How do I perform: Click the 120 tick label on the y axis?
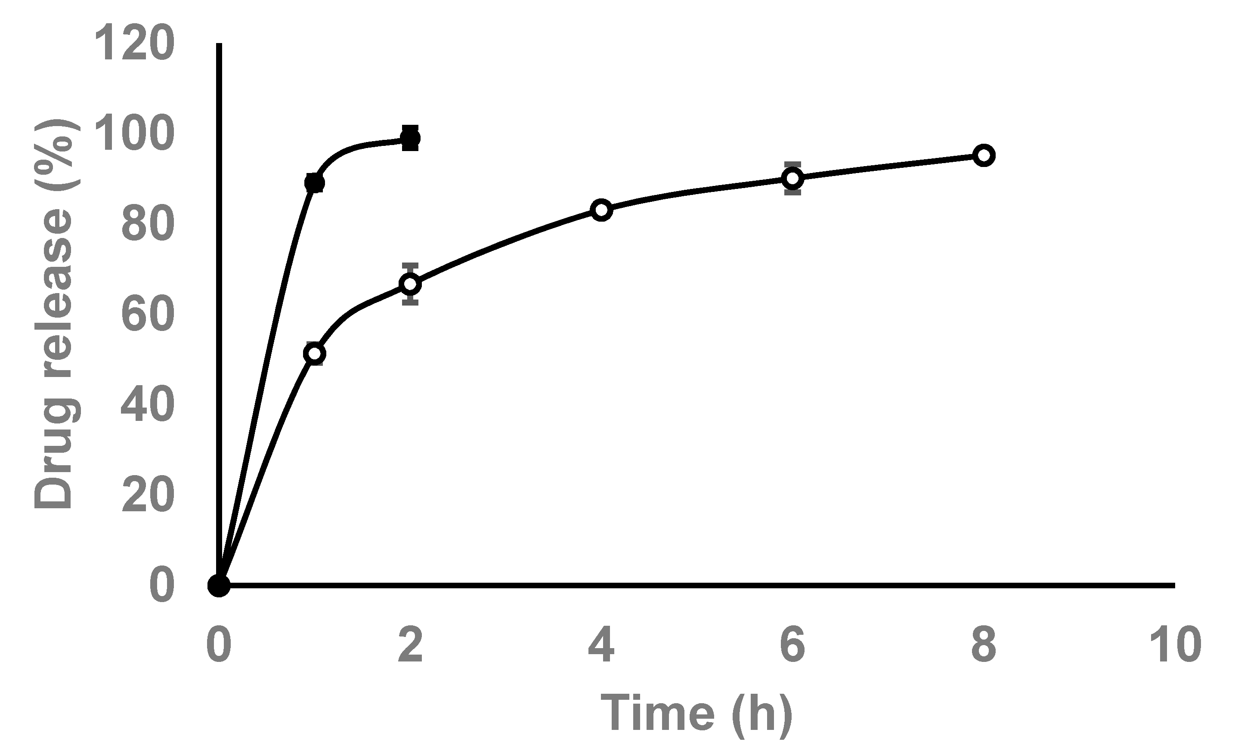coord(134,44)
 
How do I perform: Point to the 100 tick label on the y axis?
coord(134,134)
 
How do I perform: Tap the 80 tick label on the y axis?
coord(148,225)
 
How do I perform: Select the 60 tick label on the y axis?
coord(148,315)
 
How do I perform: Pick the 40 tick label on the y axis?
coord(148,405)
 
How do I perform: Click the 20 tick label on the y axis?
coord(148,495)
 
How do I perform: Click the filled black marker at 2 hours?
coord(410,138)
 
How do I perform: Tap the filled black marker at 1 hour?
coord(314,183)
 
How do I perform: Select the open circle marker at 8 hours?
coord(984,155)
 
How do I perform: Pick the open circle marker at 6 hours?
coord(792,178)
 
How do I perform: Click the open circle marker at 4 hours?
coord(601,210)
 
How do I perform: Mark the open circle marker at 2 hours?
coord(410,284)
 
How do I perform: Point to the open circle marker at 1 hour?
coord(314,354)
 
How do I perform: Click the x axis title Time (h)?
coord(696,714)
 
